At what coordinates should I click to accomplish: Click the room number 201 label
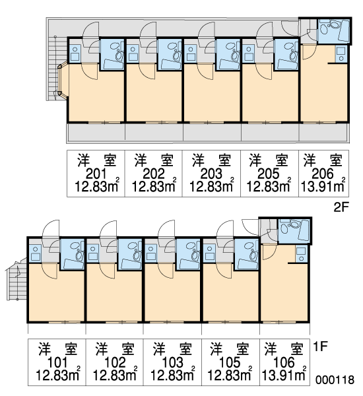96,174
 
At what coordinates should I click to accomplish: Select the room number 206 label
323,174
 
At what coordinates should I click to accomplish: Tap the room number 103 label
172,363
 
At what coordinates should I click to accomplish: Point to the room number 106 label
284,363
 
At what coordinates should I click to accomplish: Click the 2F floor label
341,207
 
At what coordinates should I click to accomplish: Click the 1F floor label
320,346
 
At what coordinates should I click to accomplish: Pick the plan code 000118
335,380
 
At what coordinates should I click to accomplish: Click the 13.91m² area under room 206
323,186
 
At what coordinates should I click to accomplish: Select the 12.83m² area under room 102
115,375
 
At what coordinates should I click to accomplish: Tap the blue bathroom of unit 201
112,54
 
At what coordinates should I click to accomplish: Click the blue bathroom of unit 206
333,30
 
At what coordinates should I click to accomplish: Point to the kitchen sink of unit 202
133,53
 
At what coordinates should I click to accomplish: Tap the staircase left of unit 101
16,280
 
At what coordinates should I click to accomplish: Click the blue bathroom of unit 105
246,254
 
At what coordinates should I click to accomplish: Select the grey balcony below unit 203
212,133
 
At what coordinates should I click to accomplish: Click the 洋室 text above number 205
269,160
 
